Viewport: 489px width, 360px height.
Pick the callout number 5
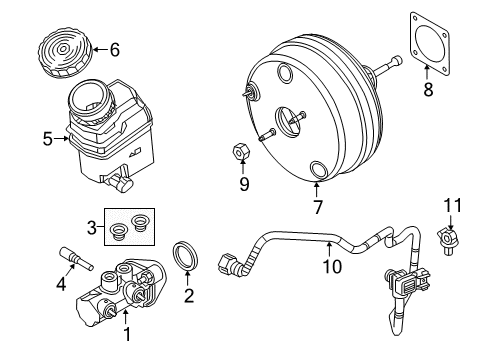click(47, 139)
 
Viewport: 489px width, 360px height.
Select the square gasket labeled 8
click(430, 40)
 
